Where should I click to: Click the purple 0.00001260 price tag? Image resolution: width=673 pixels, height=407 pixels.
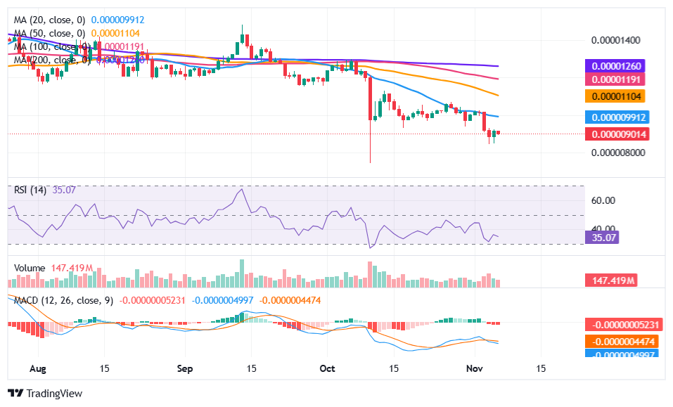click(x=614, y=66)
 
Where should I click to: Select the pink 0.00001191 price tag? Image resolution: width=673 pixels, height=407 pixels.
click(x=614, y=79)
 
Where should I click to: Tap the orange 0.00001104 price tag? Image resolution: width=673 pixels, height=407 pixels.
click(x=614, y=96)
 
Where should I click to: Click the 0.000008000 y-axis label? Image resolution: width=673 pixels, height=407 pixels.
click(x=616, y=153)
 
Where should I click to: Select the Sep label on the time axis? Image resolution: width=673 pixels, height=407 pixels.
click(x=185, y=368)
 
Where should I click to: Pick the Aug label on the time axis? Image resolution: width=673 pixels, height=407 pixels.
click(x=39, y=368)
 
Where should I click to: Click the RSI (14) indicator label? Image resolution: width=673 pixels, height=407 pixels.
click(x=31, y=189)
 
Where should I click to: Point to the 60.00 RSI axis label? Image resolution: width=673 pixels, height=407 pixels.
click(x=603, y=200)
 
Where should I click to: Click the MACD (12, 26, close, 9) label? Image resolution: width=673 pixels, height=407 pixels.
click(x=64, y=300)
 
